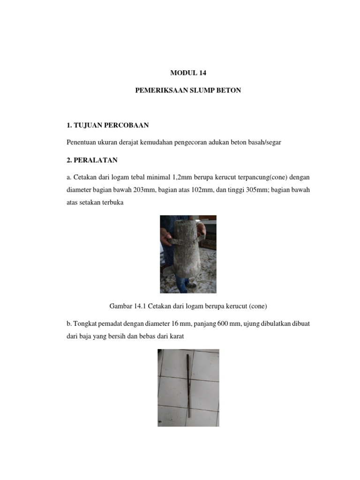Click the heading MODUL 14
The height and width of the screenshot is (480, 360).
pyautogui.click(x=187, y=73)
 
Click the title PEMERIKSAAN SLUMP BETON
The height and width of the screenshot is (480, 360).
pyautogui.click(x=187, y=90)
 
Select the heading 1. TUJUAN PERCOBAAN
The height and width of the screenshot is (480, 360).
pyautogui.click(x=107, y=125)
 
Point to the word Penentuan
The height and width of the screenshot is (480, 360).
pyautogui.click(x=82, y=142)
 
